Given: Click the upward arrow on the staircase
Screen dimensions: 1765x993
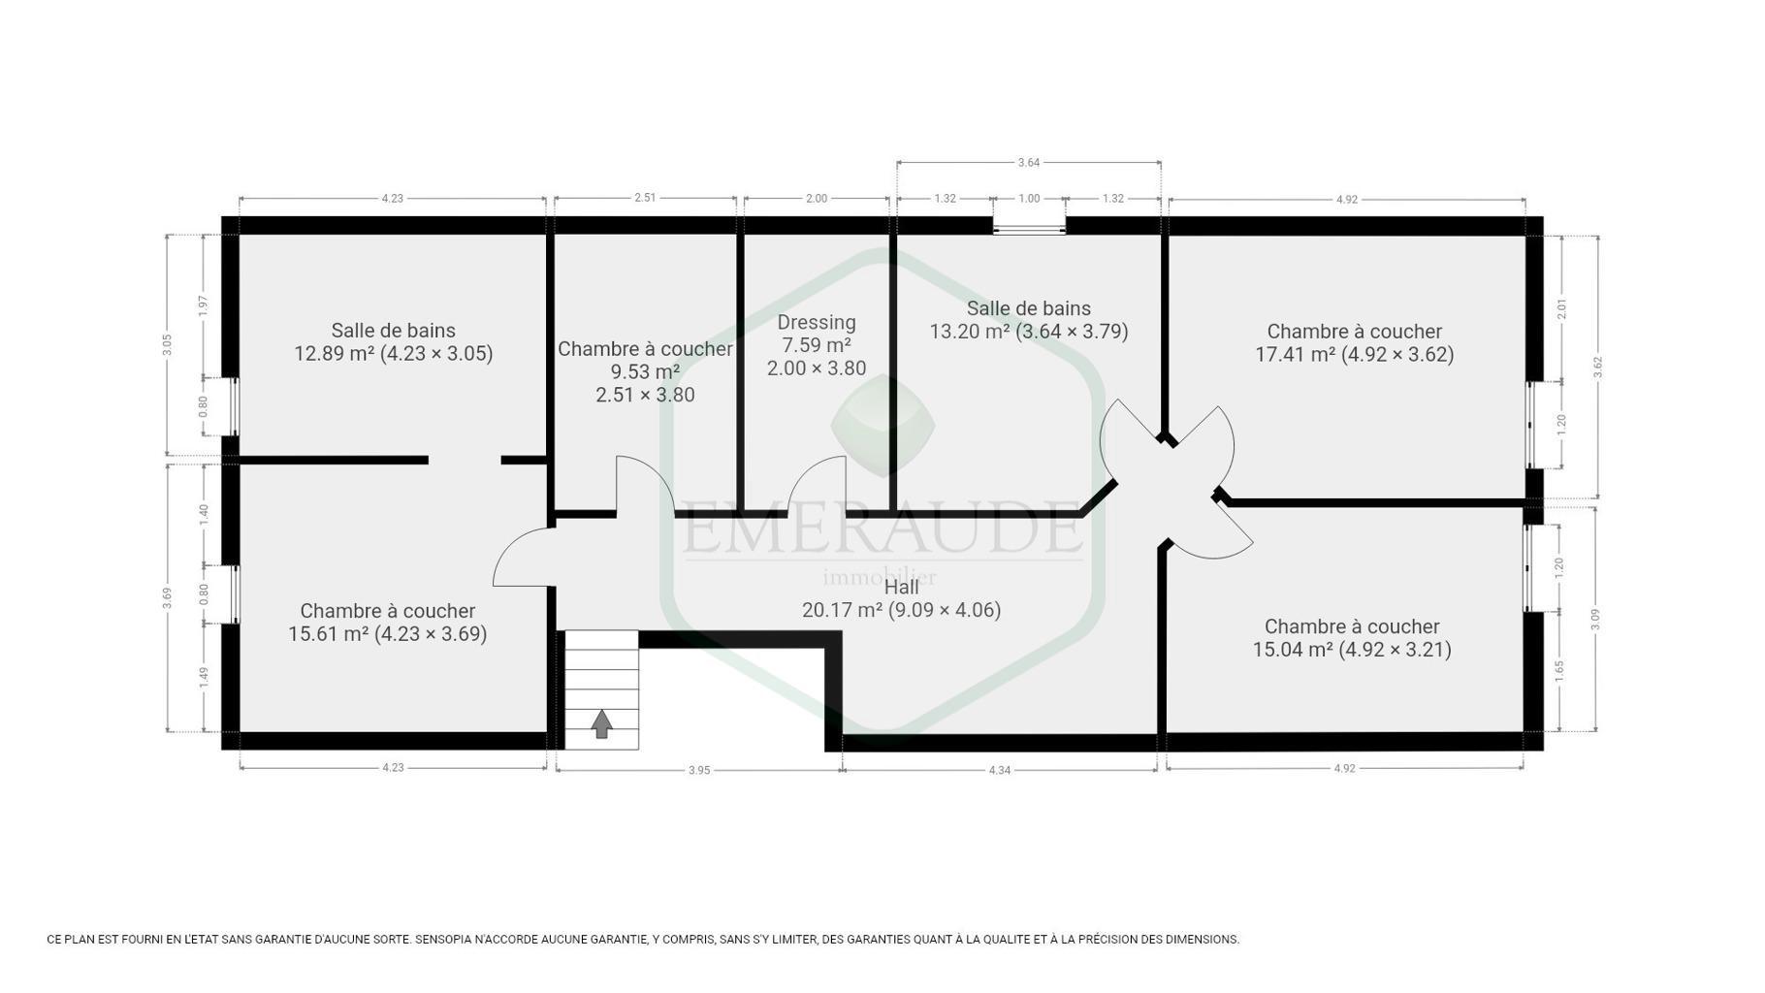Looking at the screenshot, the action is (x=602, y=723).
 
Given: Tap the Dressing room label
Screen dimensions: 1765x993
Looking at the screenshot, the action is (x=817, y=322).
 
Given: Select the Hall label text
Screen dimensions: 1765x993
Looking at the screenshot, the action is (x=901, y=587).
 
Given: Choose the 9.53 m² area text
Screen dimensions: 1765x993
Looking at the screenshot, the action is (x=645, y=372).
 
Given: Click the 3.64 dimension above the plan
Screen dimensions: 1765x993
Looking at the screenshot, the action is (x=1028, y=163).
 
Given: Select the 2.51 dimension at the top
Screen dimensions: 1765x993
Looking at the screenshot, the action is (x=645, y=198).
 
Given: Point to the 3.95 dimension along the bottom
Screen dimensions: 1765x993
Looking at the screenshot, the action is (x=699, y=770).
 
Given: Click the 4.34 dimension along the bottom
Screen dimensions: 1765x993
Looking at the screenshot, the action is (x=999, y=770).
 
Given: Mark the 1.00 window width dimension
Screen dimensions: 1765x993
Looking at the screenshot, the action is (x=1029, y=199).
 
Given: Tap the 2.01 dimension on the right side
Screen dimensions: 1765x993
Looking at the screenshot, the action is (x=1561, y=310).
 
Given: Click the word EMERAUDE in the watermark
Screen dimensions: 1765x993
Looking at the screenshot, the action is (x=881, y=529).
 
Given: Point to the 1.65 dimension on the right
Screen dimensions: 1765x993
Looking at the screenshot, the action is (x=1559, y=671).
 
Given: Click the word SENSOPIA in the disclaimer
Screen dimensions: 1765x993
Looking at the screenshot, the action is (x=445, y=940).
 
